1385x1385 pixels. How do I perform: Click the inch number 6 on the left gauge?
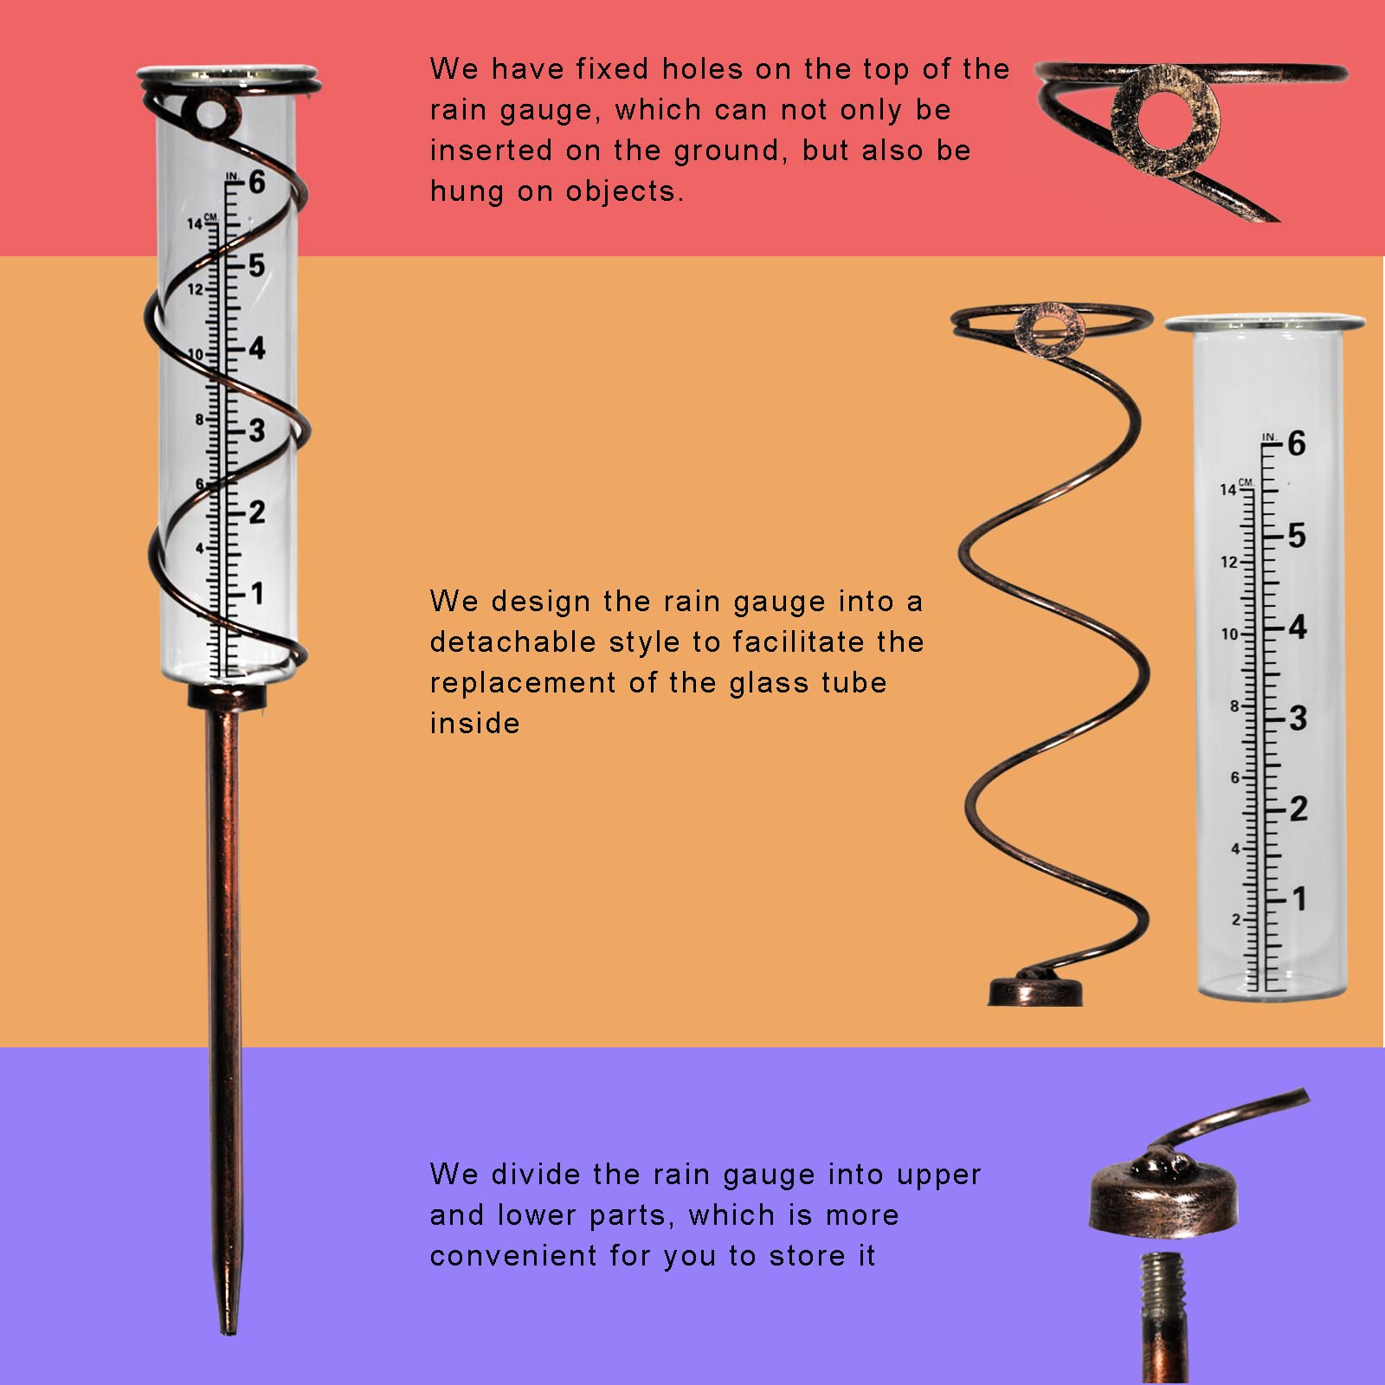tap(257, 183)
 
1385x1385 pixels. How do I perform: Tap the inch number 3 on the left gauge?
tap(257, 430)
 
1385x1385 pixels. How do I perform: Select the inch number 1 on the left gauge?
tap(257, 594)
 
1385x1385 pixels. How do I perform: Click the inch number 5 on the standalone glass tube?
tap(1296, 536)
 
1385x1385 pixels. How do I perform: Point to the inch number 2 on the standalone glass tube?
tap(1298, 808)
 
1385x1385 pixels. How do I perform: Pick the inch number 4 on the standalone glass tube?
tap(1297, 627)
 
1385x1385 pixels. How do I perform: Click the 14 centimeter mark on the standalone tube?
tap(1228, 490)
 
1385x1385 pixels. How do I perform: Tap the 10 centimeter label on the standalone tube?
tap(1229, 635)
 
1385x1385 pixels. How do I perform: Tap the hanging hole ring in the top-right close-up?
tap(1165, 120)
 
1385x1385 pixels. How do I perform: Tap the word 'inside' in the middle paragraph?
tap(474, 724)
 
